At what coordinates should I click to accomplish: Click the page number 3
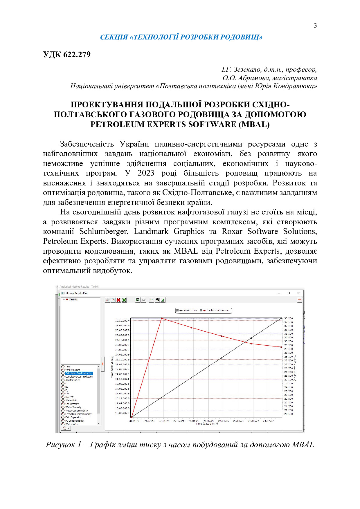click(315, 26)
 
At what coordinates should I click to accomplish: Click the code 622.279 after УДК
click(77, 55)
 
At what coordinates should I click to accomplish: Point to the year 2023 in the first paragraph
click(146, 173)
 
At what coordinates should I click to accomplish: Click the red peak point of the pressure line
click(162, 319)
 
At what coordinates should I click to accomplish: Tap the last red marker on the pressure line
click(281, 347)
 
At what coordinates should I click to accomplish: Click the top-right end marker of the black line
click(281, 319)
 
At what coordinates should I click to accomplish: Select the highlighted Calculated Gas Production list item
click(79, 373)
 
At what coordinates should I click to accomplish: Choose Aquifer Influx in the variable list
click(72, 380)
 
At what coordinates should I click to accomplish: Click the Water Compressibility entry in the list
click(76, 411)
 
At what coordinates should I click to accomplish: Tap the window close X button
click(298, 293)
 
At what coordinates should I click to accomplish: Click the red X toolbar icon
click(119, 300)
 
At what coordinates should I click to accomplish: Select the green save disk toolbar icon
click(138, 300)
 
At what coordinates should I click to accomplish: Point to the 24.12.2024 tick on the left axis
click(122, 379)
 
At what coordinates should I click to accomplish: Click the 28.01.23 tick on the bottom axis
click(134, 421)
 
